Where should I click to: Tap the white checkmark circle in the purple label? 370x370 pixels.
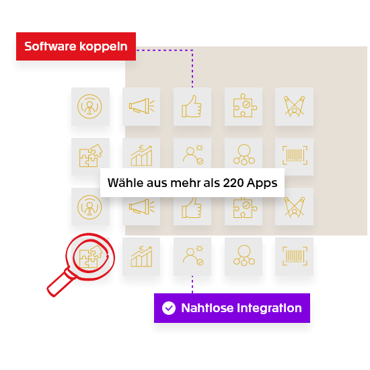point(169,308)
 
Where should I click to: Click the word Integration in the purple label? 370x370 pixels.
point(270,308)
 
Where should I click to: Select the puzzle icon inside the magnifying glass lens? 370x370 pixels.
point(90,256)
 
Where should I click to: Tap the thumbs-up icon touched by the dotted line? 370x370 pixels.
point(192,106)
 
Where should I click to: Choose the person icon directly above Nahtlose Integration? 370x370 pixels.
point(192,256)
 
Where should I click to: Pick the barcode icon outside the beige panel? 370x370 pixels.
point(294,256)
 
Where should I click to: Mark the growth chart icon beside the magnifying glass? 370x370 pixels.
point(141,256)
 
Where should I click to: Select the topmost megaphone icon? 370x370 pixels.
point(141,106)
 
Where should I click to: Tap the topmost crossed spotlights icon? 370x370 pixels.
point(294,106)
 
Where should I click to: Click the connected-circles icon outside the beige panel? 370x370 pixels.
point(244,256)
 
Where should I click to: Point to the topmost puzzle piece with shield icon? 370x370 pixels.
point(244,106)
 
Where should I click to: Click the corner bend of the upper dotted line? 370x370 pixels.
point(192,50)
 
